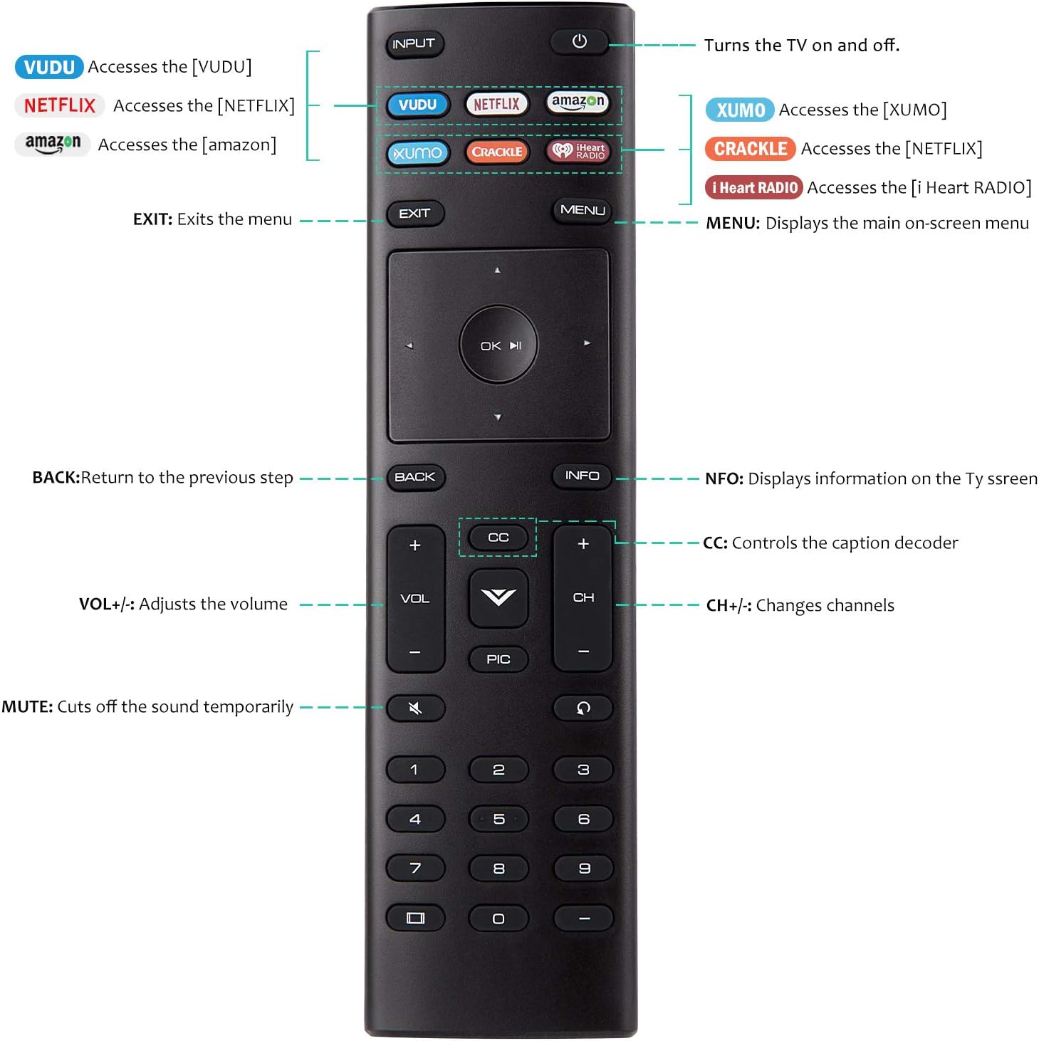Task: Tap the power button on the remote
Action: tap(579, 41)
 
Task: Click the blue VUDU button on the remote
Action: tap(417, 105)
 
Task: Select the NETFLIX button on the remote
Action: tap(496, 104)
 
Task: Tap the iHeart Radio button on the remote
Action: tap(579, 151)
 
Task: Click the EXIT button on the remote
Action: tap(414, 213)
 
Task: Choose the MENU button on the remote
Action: tap(583, 210)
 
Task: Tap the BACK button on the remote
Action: tap(414, 477)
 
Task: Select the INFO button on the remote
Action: tap(582, 476)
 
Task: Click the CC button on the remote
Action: tap(498, 538)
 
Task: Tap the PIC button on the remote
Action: tap(498, 659)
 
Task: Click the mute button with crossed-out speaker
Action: tap(415, 708)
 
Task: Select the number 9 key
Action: tap(583, 869)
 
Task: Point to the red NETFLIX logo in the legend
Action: tap(60, 105)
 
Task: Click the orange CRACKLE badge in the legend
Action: tap(750, 149)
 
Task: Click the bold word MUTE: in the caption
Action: tap(27, 707)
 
